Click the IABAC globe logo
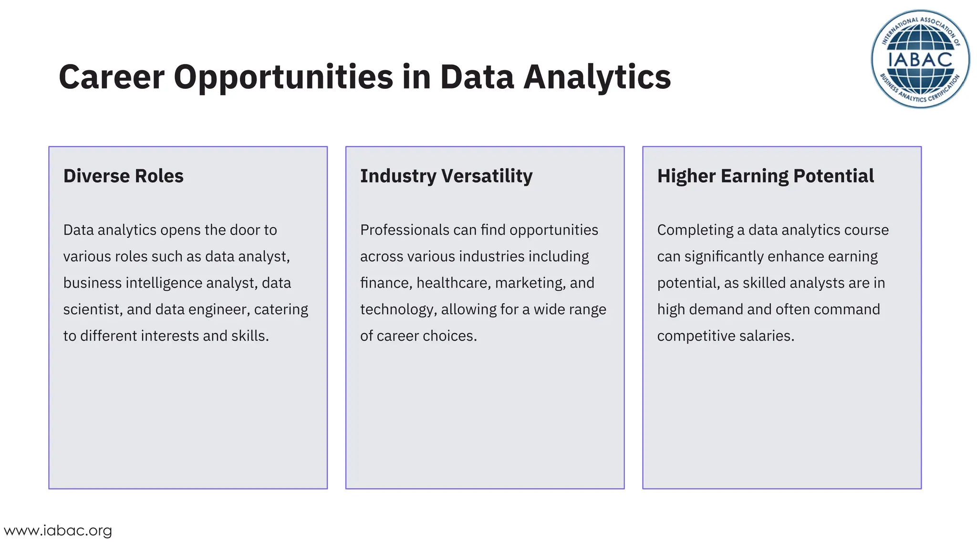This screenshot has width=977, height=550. pos(920,59)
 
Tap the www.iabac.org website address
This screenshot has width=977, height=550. pos(58,530)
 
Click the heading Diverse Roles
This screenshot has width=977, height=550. pos(123,176)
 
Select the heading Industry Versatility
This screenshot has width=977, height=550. pos(446,176)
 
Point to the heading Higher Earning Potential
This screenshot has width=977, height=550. pos(765,176)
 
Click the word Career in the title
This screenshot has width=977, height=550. pos(112,77)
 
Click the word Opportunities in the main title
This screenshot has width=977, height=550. pos(283,77)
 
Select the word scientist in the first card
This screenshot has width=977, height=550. pos(93,309)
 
